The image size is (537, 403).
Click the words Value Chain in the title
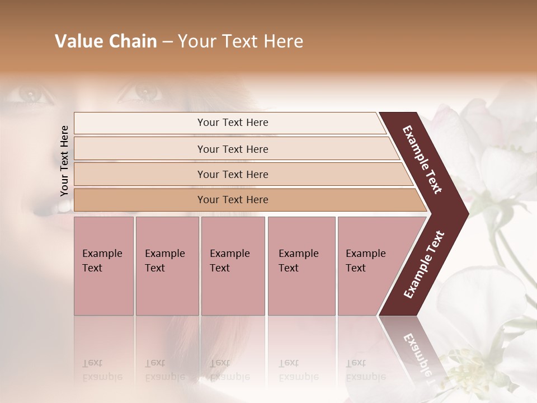pos(106,41)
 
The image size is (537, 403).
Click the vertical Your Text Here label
pos(64,161)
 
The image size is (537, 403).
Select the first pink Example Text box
pos(103,266)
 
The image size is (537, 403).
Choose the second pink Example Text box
pos(167,266)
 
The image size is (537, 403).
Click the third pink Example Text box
pos(233,266)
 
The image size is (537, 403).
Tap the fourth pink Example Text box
pos(301,266)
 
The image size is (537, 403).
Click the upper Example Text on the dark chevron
pos(423,159)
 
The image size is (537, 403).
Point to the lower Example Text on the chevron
pos(424,264)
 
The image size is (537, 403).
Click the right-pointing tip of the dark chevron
pos(464,213)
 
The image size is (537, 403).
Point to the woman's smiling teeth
pos(59,208)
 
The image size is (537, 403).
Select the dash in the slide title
pos(167,41)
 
